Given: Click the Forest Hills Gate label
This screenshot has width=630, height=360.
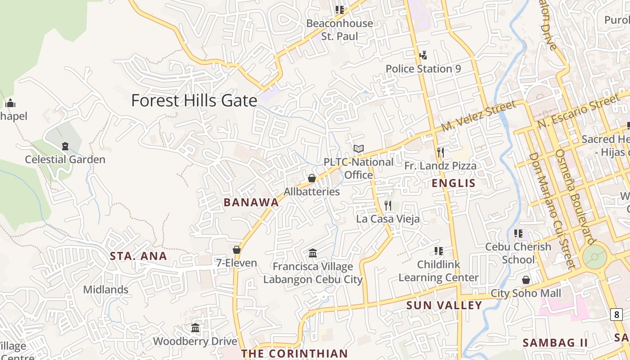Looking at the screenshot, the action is pos(194,100).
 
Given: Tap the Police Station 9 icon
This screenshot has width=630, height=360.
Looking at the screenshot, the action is pos(423,56).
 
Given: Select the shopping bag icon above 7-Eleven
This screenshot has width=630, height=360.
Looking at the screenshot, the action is pos(237,250).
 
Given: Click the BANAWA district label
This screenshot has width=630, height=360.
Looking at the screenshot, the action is pos(251,202).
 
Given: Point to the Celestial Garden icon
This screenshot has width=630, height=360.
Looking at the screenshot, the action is pos(65,146).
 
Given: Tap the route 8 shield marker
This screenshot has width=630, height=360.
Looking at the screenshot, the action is pos(616,314).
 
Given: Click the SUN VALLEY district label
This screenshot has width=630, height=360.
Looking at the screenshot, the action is pos(444,305).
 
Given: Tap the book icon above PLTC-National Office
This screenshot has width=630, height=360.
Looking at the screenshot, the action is pos(358,149).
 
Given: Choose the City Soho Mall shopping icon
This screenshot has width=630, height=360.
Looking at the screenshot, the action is pos(526,280).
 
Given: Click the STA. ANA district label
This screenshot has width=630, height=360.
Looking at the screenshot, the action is pos(139,256).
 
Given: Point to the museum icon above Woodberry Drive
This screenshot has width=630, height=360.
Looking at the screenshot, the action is pos(195,328).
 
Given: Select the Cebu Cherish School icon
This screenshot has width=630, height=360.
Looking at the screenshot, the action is pos(518,234).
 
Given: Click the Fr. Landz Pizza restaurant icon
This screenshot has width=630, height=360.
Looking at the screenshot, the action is pos(441,153).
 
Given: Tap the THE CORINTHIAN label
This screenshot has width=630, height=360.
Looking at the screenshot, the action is pos(294,353).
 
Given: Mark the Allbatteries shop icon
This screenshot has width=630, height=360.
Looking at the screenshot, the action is pos(311,178).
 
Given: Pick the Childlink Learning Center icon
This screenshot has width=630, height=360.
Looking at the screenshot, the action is pos(439,251).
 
